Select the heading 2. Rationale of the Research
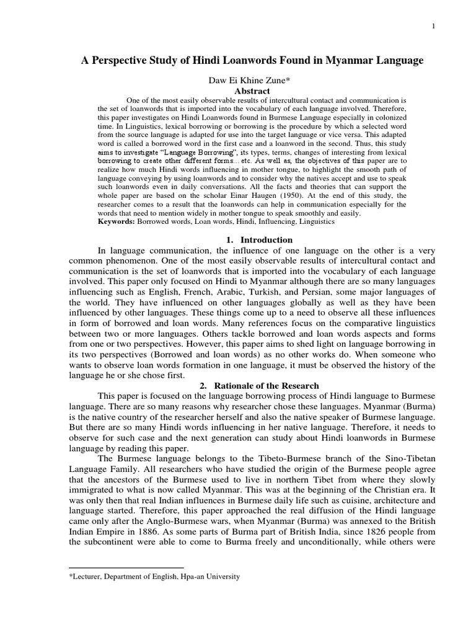point(259,385)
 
